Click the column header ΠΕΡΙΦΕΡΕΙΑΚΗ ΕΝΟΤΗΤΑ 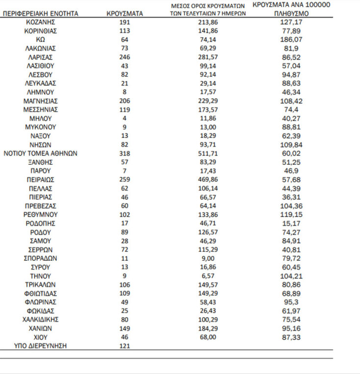(41, 14)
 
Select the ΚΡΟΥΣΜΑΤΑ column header (125, 14)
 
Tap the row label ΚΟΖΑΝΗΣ (41, 23)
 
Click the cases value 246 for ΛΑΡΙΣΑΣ (125, 57)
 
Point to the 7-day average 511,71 (204, 153)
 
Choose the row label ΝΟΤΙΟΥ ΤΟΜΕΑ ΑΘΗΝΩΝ (41, 153)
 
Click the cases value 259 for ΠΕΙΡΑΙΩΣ (125, 180)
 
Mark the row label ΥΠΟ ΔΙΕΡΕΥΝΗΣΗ (41, 346)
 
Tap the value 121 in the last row (125, 346)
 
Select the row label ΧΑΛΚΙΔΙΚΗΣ (41, 320)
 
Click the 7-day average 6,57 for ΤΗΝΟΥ (204, 276)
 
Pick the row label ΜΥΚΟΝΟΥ (41, 127)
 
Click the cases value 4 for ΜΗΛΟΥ (125, 119)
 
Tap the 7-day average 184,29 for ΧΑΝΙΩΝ (204, 328)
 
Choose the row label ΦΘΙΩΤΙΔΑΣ (41, 294)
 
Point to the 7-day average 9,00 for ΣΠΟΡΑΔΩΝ (204, 258)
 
